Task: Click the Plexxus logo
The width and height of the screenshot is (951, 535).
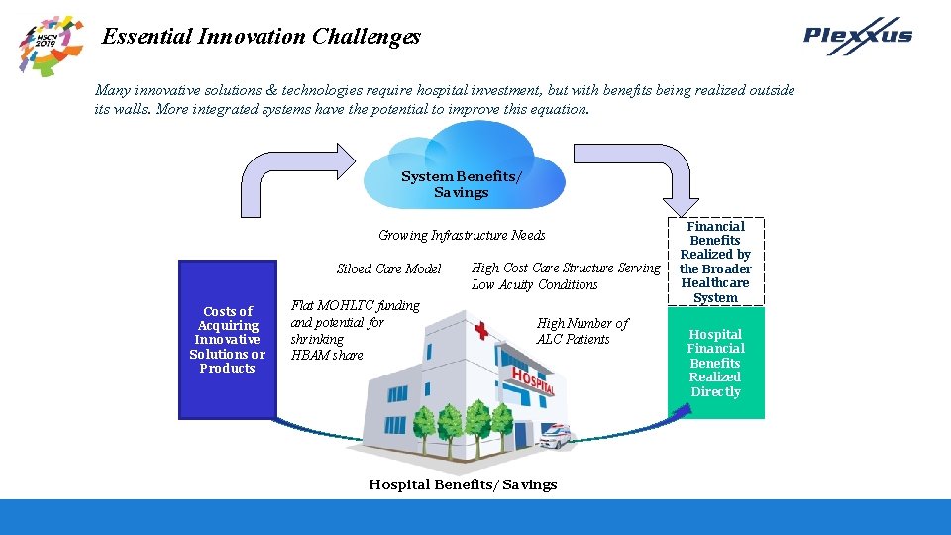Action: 858,36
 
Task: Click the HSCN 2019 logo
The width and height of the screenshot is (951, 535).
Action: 51,45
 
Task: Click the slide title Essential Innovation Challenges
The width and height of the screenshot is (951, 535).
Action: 262,37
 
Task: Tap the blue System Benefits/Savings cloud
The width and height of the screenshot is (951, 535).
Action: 461,182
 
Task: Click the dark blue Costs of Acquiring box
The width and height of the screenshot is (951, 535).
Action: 227,339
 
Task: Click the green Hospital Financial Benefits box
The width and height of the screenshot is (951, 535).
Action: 715,363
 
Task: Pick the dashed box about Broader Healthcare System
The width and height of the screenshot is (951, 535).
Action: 715,262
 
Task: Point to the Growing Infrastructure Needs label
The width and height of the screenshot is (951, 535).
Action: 462,235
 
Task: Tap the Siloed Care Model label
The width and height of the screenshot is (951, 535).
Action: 388,268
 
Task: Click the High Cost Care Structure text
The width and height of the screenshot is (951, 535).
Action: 565,275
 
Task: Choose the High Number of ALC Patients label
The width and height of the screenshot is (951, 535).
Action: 581,331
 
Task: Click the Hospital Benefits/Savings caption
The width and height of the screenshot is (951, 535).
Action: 463,484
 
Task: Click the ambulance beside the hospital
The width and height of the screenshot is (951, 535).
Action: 557,437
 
